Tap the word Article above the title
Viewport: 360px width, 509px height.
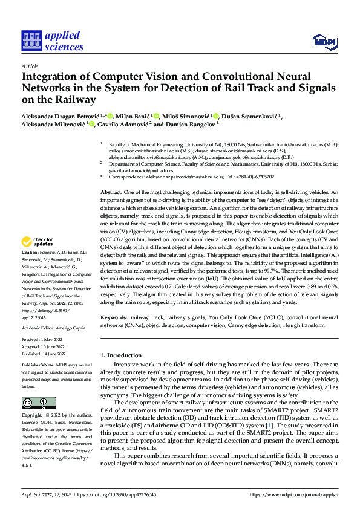pyautogui.click(x=30, y=66)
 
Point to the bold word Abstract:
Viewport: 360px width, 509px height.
pyautogui.click(x=113, y=192)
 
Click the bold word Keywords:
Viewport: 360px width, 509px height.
pyautogui.click(x=114, y=317)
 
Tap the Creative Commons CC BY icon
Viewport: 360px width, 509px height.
pyautogui.click(x=38, y=403)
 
